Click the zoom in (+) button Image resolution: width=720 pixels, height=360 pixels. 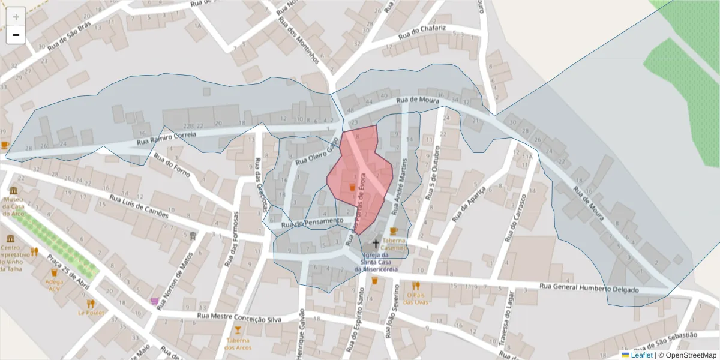(16, 17)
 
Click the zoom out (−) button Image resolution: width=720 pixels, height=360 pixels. (16, 35)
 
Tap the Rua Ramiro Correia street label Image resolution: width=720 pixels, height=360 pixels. (166, 139)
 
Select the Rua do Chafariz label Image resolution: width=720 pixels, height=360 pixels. (424, 29)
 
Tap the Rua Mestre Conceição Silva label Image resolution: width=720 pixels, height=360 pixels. (239, 317)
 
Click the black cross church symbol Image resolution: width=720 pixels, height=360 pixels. (376, 244)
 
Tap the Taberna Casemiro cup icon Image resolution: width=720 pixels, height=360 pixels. (394, 231)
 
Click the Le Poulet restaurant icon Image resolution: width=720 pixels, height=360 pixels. (91, 304)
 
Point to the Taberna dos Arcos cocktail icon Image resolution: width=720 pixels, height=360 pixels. (238, 330)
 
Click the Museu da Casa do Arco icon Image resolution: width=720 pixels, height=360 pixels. (13, 190)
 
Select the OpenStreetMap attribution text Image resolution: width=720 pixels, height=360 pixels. (687, 355)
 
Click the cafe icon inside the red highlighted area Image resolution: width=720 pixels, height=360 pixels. (352, 187)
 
